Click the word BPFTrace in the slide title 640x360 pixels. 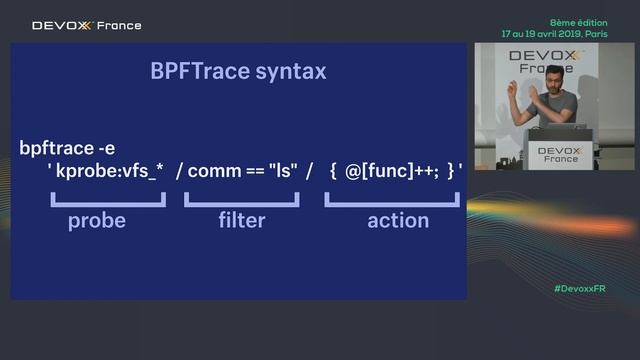tap(195, 72)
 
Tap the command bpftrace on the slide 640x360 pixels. tap(59, 149)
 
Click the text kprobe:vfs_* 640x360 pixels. tap(109, 172)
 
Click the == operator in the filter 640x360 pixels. tap(257, 172)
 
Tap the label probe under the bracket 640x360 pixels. tap(97, 221)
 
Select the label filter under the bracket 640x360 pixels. tap(241, 221)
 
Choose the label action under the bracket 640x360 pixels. tap(398, 221)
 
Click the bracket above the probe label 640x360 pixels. tap(107, 201)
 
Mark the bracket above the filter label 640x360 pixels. tap(241, 201)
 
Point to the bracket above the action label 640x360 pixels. tap(392, 201)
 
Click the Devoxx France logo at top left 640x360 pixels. tap(87, 26)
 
